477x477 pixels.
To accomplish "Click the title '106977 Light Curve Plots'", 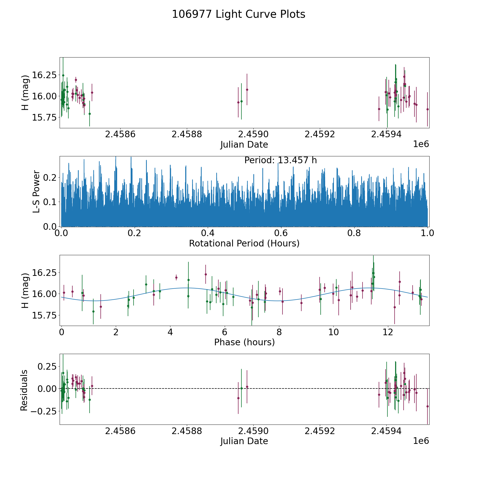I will (x=238, y=14).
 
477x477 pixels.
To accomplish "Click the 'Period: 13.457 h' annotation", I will (x=280, y=160).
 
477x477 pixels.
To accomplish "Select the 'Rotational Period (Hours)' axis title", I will (x=244, y=243).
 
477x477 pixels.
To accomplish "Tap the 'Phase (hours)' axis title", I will (x=244, y=342).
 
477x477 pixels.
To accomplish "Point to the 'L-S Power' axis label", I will (x=36, y=191).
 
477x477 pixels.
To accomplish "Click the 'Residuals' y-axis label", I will (x=24, y=390).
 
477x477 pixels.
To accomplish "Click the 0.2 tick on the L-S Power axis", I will (x=50, y=178).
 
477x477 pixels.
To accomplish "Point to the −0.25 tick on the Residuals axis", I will (x=44, y=411).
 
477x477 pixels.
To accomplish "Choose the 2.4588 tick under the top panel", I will (x=187, y=134).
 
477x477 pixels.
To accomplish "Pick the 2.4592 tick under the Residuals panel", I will (x=320, y=431).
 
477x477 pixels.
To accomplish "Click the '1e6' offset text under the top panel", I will (x=421, y=144).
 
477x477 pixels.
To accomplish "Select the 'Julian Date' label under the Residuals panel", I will (x=244, y=441).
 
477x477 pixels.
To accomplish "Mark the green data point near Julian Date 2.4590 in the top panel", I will (x=241, y=101).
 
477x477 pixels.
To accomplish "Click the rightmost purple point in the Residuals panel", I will (x=427, y=406).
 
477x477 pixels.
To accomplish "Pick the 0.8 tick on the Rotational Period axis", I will (x=354, y=233).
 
